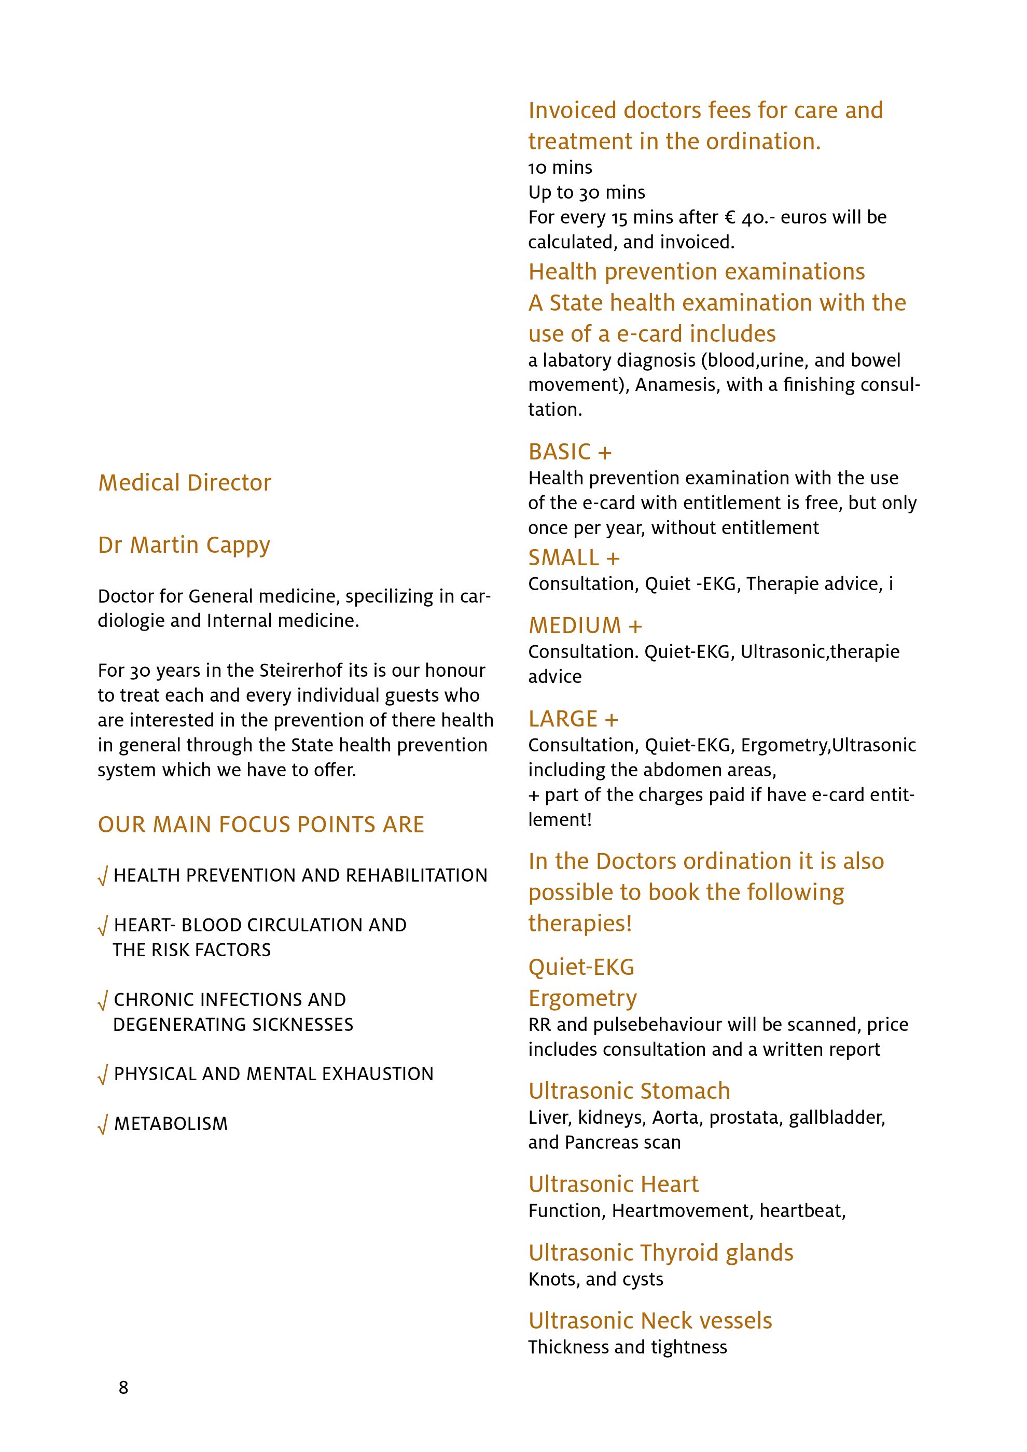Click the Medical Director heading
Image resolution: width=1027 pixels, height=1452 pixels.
[x=185, y=482]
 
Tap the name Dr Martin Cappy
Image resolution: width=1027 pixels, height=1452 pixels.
[x=184, y=544]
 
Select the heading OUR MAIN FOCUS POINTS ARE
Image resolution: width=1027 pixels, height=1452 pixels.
[x=260, y=825]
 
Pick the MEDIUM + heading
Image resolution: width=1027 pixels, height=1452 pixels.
[x=585, y=625]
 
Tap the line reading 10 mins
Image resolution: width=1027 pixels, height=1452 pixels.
[x=560, y=167]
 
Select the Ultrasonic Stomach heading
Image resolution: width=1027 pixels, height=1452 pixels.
[x=629, y=1091]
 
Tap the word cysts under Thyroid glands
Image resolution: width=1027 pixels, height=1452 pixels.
[x=643, y=1279]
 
